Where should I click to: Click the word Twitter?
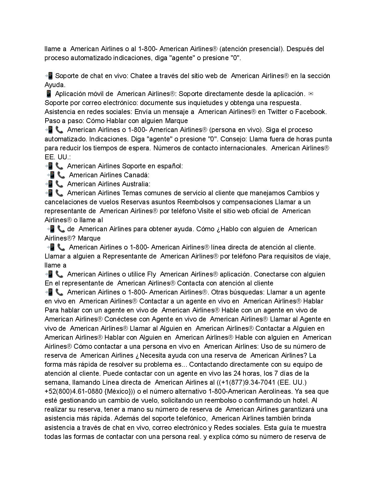[278, 112]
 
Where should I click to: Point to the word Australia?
[137, 184]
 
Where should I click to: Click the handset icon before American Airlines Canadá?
[61, 175]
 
